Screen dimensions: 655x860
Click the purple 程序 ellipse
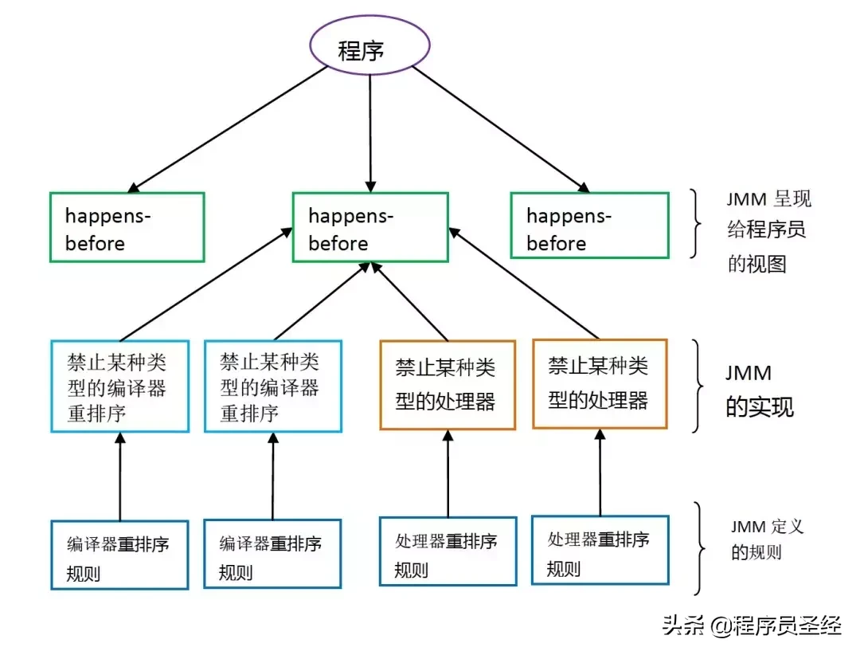[x=369, y=50]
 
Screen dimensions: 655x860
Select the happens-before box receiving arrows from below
[x=369, y=227]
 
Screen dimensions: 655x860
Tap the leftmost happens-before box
[x=127, y=227]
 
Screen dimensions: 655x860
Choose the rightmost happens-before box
[x=588, y=226]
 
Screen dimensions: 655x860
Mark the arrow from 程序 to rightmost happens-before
[x=502, y=131]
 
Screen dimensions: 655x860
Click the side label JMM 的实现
[x=758, y=390]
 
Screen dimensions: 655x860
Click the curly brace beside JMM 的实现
[x=700, y=387]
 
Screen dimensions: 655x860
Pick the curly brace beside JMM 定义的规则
[x=700, y=548]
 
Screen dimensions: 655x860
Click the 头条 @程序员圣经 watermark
[x=752, y=625]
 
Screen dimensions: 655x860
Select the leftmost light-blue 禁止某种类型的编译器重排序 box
[x=120, y=386]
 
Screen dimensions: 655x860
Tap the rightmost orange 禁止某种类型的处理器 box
[x=600, y=383]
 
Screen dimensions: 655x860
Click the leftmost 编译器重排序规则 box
[x=119, y=555]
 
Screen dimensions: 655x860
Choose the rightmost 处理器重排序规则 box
[x=600, y=550]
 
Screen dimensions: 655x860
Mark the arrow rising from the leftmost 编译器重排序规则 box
[x=120, y=477]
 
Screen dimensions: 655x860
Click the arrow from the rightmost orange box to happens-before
[x=526, y=283]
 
